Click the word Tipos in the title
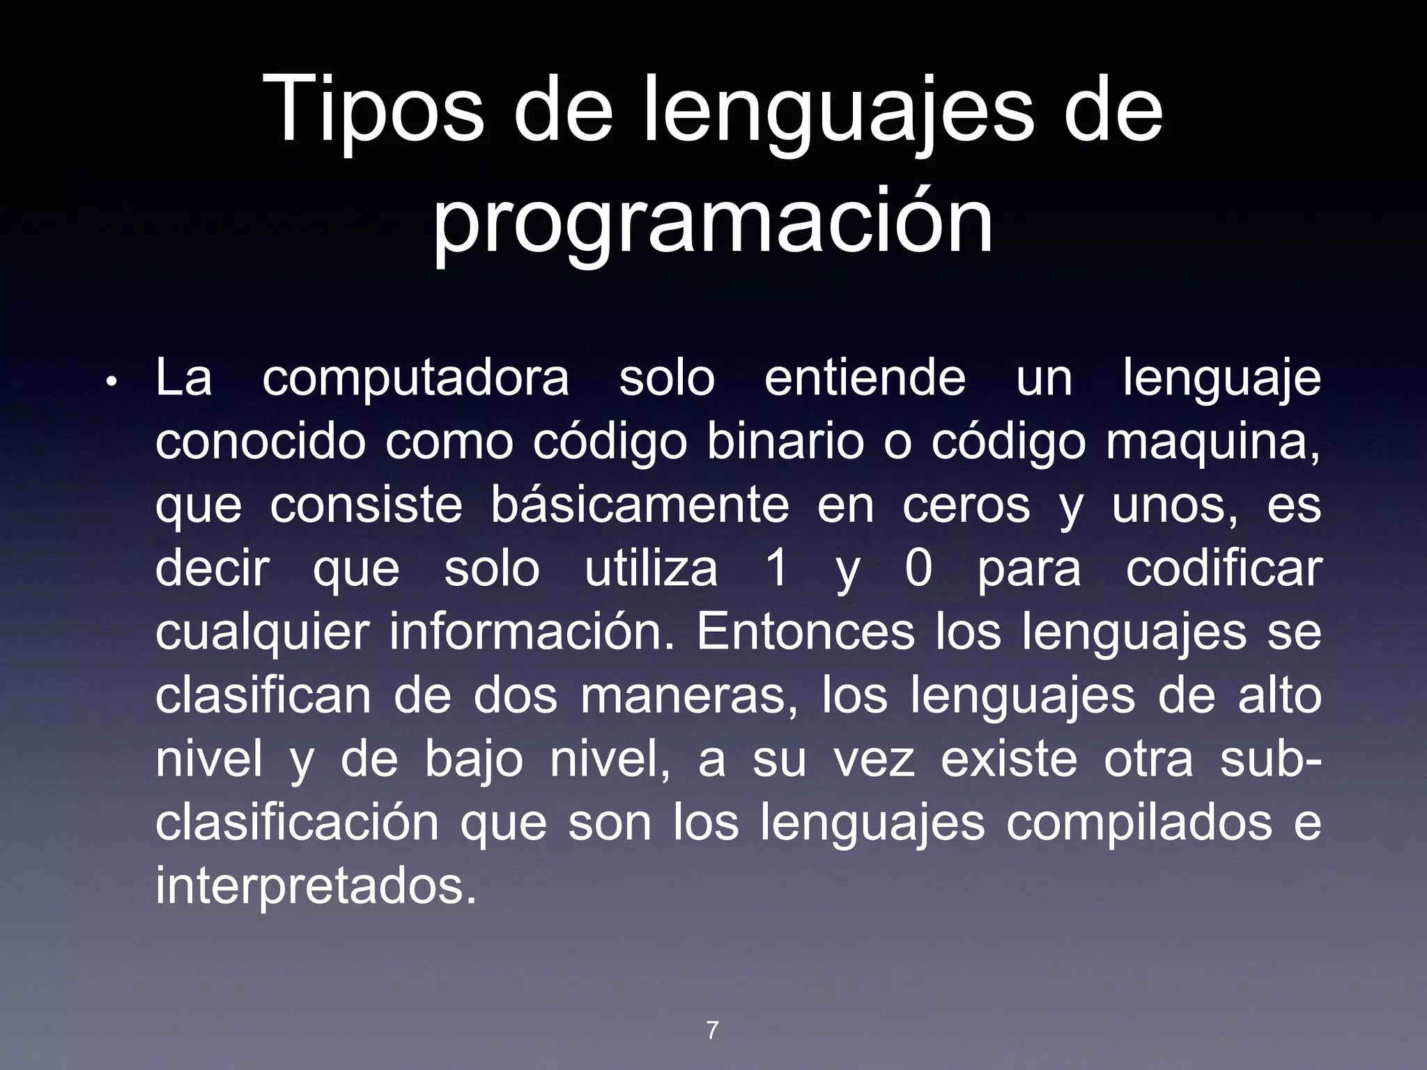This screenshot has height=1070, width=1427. tap(375, 111)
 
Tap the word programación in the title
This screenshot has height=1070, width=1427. tap(713, 222)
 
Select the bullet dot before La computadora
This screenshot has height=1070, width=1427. tap(111, 382)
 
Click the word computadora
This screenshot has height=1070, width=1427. tap(416, 380)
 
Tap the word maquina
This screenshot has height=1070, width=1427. tap(1212, 443)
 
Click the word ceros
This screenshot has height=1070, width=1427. tap(966, 507)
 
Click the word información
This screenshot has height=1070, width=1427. tap(532, 633)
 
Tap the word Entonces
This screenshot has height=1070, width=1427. tap(805, 633)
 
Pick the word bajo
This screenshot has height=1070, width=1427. tap(474, 761)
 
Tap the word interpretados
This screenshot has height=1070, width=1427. tap(316, 887)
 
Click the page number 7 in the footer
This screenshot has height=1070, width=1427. tap(712, 1030)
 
